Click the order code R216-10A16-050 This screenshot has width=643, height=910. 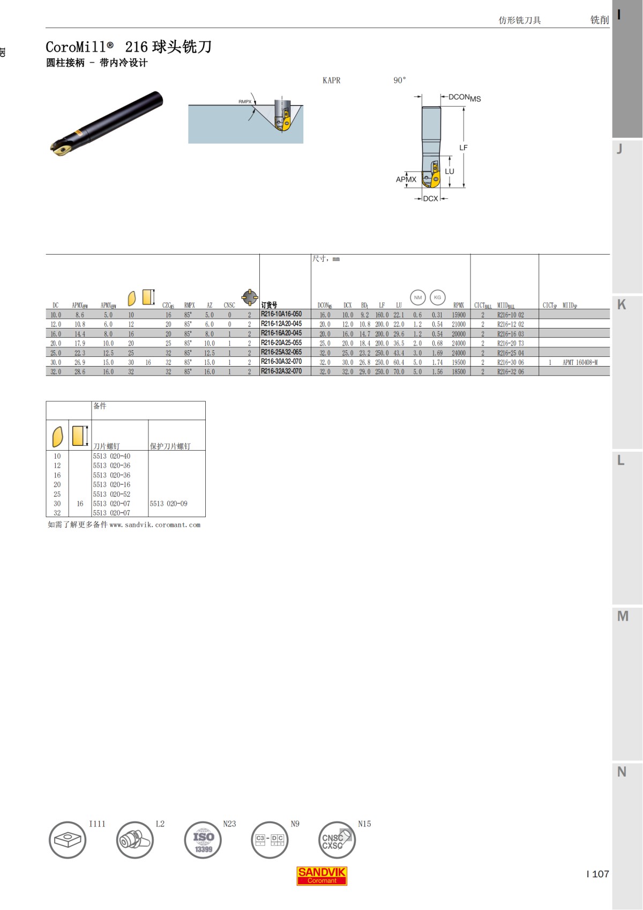coord(281,314)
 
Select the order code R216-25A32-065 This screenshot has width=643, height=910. coord(281,352)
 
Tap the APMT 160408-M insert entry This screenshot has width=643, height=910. coord(580,362)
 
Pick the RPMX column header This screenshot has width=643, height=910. coord(459,305)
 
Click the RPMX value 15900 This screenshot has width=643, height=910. coord(459,315)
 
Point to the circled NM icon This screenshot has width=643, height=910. coord(418,297)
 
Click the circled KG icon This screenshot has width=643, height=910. coord(438,297)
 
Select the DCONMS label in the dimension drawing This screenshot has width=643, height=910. coord(465,98)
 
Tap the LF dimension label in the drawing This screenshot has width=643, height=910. coord(463,147)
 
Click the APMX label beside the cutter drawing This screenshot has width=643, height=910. coord(406,180)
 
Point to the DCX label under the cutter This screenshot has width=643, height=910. coord(430,198)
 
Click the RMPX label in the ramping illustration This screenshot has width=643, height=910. coord(245,101)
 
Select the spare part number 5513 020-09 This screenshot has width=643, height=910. coord(168,503)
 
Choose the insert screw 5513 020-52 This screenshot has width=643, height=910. coord(111,494)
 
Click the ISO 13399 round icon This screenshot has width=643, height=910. coord(203,840)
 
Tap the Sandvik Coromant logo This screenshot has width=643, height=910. coord(322,876)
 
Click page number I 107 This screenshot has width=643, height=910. coord(598,874)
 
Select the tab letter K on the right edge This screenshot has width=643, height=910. coord(622,304)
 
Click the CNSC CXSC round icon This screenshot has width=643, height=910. coord(337,840)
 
